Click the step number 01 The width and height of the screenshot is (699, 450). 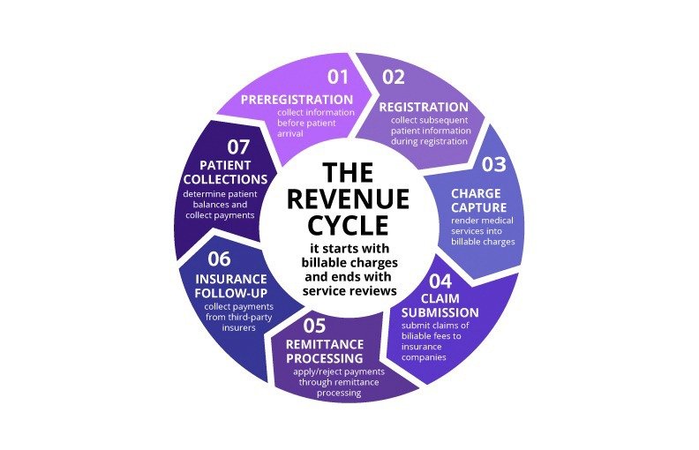[x=337, y=77]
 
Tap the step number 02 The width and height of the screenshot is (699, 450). [x=393, y=77]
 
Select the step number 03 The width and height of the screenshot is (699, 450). [x=491, y=164]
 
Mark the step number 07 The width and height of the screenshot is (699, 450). [x=227, y=146]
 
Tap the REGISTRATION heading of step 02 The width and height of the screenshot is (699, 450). [x=424, y=107]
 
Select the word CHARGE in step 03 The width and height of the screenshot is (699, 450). [x=477, y=192]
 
